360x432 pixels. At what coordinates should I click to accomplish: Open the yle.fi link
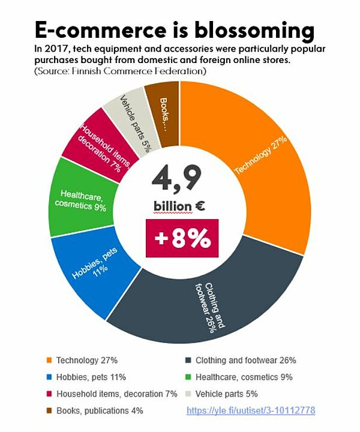tap(250, 411)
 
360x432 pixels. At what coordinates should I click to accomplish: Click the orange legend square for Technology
tap(49, 361)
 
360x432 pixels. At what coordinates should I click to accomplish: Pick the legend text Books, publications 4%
tap(100, 411)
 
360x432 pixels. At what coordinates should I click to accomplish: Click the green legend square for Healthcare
tap(188, 377)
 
